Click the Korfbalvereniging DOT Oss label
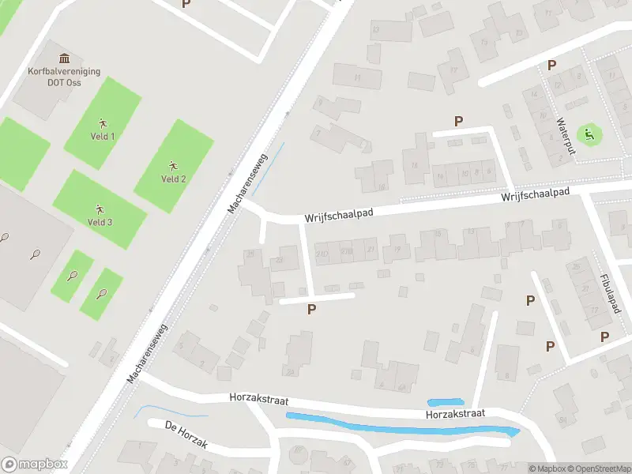pyautogui.click(x=64, y=76)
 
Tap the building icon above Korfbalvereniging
pyautogui.click(x=64, y=58)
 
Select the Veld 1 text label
pyautogui.click(x=102, y=136)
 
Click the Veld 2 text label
pyautogui.click(x=174, y=179)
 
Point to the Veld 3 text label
pyautogui.click(x=100, y=222)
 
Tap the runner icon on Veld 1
pyautogui.click(x=102, y=122)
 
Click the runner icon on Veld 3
pyautogui.click(x=100, y=209)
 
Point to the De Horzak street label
pyautogui.click(x=186, y=436)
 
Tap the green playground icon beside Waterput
pyautogui.click(x=589, y=134)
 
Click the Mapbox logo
pyautogui.click(x=35, y=465)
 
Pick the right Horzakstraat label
pyautogui.click(x=453, y=413)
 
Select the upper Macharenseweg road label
pyautogui.click(x=248, y=183)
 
